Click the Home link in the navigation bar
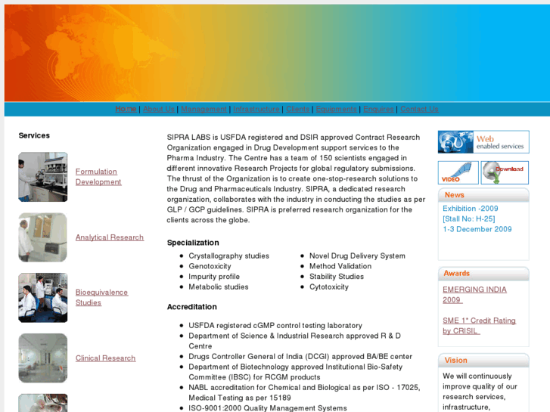click(126, 110)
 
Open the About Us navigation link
click(159, 110)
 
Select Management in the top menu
click(204, 110)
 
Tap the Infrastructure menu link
click(256, 110)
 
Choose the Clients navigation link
click(297, 110)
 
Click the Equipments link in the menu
click(336, 110)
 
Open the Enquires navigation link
click(378, 110)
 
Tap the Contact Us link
click(419, 110)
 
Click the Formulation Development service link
click(98, 177)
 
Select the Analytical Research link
click(110, 237)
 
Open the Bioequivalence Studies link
click(101, 298)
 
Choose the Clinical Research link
click(105, 358)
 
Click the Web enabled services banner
click(483, 142)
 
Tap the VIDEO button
click(458, 172)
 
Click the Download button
click(505, 172)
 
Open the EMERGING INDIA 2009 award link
click(474, 295)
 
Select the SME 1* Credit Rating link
click(479, 326)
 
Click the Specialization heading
click(193, 243)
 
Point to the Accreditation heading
click(192, 307)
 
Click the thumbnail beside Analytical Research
click(43, 237)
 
